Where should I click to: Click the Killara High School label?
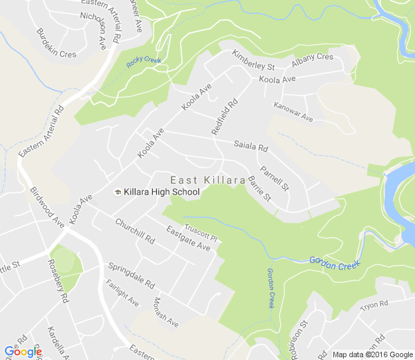click(x=162, y=192)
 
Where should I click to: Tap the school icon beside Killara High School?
click(x=118, y=192)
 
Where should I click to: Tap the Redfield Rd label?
click(x=224, y=116)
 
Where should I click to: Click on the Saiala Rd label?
click(x=250, y=146)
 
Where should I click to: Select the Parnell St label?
click(x=275, y=178)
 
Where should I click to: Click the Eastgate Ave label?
click(x=188, y=237)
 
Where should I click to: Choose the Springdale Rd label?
click(x=130, y=276)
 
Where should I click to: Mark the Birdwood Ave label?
click(x=47, y=206)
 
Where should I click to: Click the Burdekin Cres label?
click(x=56, y=43)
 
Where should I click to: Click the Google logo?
click(x=23, y=352)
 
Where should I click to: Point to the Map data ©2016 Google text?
click(x=371, y=354)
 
